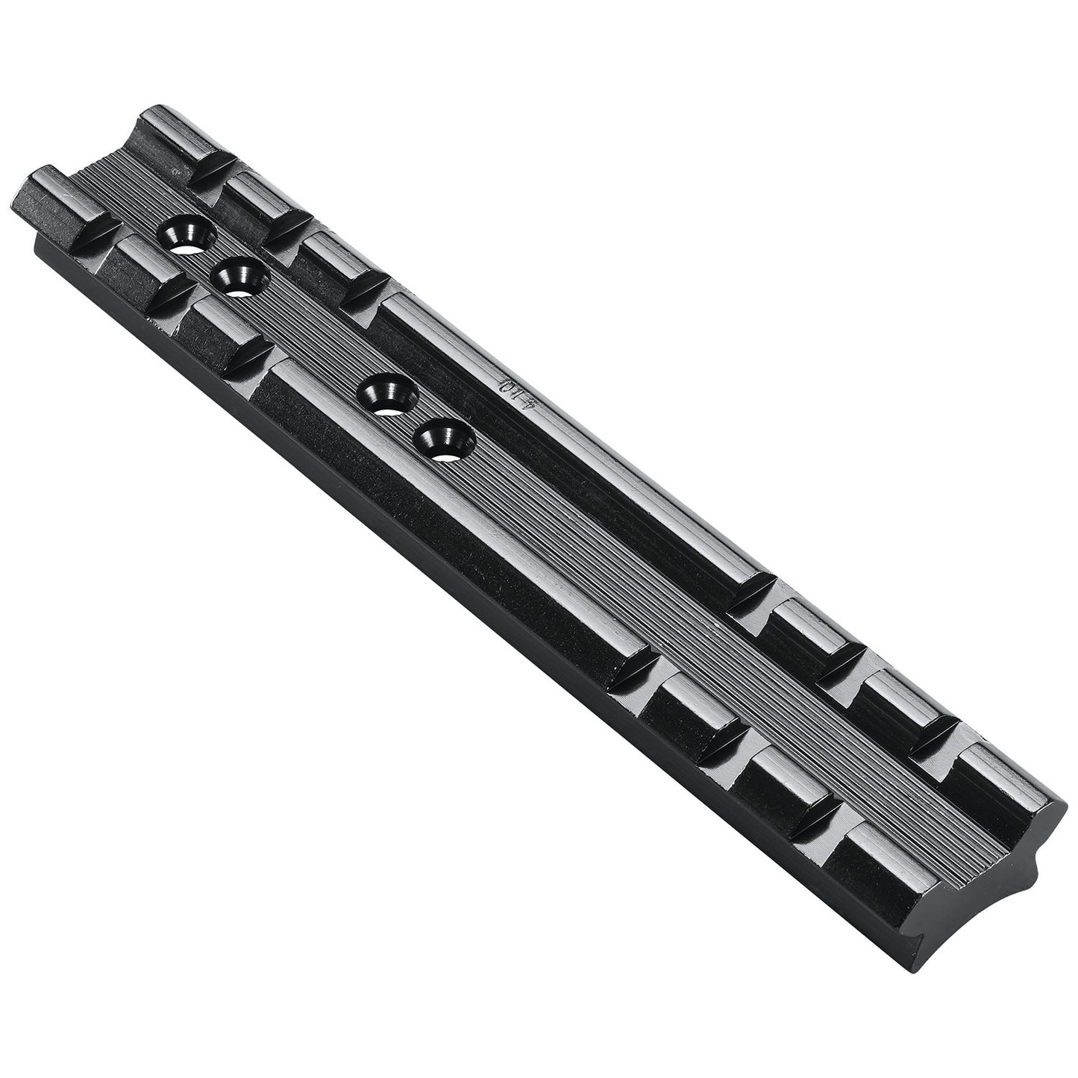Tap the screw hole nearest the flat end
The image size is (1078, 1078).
[184, 235]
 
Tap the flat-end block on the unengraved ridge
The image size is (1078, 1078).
[60, 194]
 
